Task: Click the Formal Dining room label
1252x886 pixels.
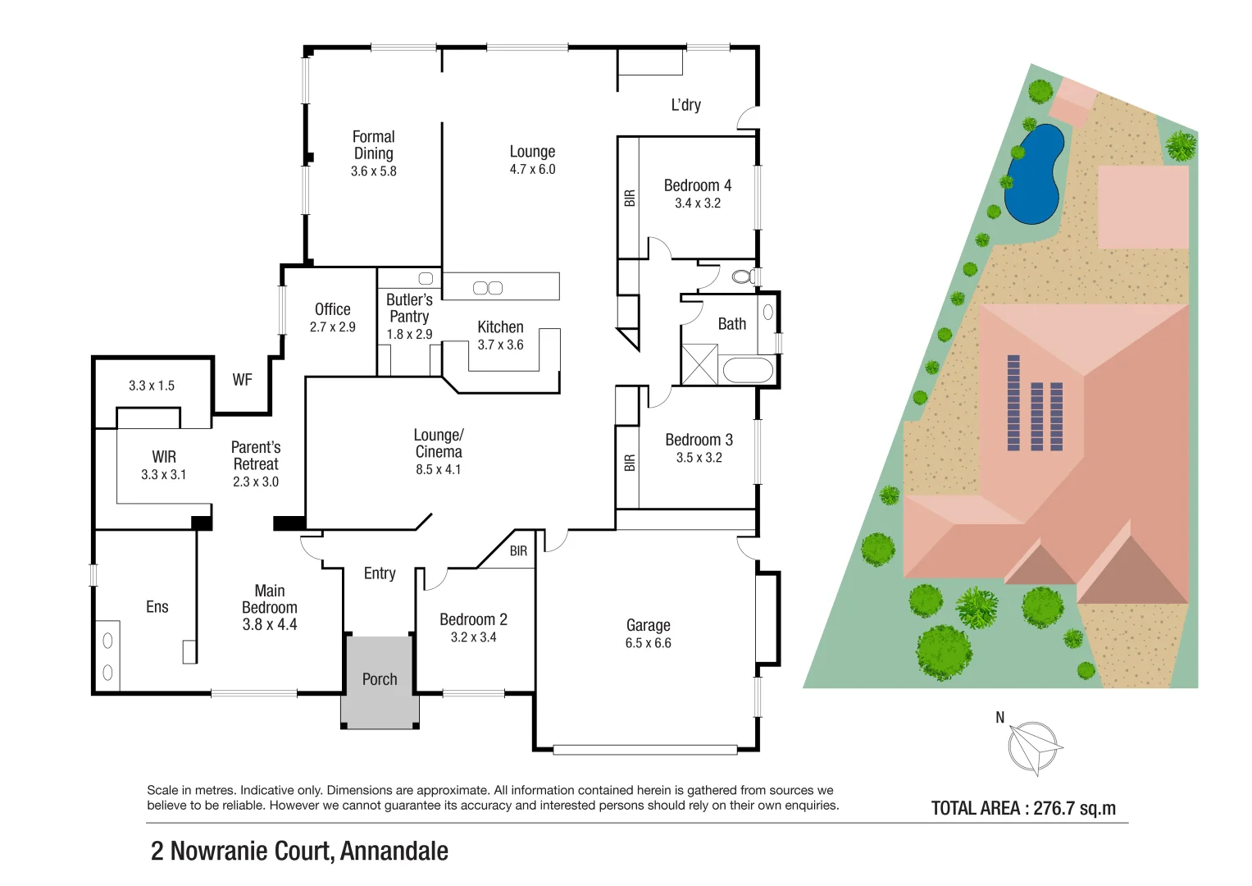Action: [373, 145]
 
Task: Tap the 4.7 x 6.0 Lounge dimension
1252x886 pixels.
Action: [532, 170]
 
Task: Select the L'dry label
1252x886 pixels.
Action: [685, 105]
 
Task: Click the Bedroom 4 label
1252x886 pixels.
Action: [697, 185]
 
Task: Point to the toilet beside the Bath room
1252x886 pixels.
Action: [743, 276]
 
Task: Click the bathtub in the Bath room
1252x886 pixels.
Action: [747, 370]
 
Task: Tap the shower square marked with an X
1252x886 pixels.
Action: [699, 365]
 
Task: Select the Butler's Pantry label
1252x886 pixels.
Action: [409, 308]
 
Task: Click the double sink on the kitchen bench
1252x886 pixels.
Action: [488, 288]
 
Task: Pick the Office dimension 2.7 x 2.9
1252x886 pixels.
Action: [332, 327]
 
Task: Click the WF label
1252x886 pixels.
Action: [242, 380]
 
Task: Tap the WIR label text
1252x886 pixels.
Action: [164, 457]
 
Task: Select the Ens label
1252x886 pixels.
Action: [157, 607]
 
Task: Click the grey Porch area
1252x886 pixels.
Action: [379, 680]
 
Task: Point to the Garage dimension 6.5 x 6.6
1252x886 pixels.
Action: [648, 643]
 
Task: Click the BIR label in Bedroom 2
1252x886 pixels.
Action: [518, 551]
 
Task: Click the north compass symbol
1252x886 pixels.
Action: [1034, 747]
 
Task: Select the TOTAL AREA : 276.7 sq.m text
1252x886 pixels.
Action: [1023, 808]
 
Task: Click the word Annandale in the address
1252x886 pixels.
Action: [394, 852]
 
